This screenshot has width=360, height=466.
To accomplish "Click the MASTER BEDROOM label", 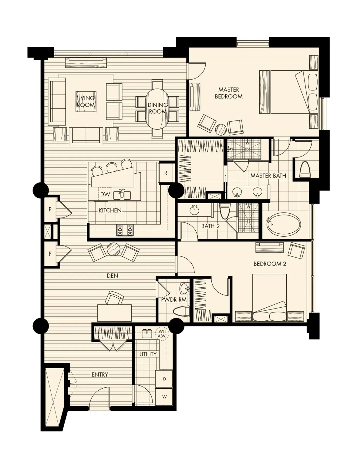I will (x=229, y=93).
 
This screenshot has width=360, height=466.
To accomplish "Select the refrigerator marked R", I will (x=166, y=173).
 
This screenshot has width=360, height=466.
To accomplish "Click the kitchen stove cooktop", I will (x=125, y=230).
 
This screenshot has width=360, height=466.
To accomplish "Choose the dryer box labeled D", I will (x=164, y=379).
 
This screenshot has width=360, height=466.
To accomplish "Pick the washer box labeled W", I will (x=164, y=397).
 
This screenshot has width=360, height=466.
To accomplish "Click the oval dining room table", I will (x=157, y=108).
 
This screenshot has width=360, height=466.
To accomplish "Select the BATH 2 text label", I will (x=210, y=226).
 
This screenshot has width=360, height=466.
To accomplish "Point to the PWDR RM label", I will (x=174, y=299).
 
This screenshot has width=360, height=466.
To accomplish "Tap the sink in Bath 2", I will (x=193, y=210).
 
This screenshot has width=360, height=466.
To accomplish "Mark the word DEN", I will (x=112, y=276).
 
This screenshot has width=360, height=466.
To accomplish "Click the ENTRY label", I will (x=100, y=375).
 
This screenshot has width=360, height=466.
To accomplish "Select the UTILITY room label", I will (x=148, y=354).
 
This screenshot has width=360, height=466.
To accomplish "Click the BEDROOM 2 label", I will (x=270, y=264).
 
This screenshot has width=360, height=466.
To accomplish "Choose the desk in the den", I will (x=114, y=313).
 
